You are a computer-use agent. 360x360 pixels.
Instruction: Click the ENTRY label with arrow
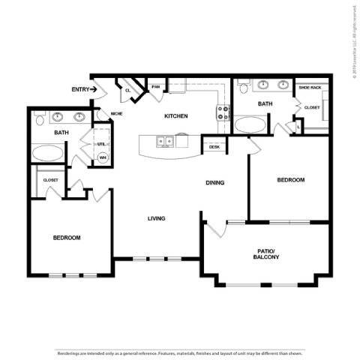(x=84, y=89)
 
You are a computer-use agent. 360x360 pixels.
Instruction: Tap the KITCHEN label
(x=176, y=116)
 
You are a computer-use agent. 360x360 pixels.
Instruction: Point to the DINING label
(x=216, y=182)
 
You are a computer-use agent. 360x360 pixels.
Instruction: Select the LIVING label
(x=156, y=218)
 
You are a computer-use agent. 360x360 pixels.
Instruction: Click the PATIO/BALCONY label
(x=266, y=253)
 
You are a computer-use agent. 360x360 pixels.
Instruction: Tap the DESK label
(x=214, y=147)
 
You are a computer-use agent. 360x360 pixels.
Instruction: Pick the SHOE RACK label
(x=310, y=88)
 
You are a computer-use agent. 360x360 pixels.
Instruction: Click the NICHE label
(x=117, y=114)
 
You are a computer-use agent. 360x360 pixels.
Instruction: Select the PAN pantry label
(x=156, y=87)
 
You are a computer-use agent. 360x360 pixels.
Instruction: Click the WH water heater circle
(x=103, y=157)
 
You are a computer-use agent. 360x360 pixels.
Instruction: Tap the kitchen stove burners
(x=223, y=113)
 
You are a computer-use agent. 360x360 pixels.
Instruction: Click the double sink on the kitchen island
(x=164, y=140)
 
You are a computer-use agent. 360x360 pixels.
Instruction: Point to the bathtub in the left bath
(x=49, y=153)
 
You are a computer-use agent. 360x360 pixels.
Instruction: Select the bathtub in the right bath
(x=249, y=124)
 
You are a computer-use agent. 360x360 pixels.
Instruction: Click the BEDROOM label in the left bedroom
(x=67, y=238)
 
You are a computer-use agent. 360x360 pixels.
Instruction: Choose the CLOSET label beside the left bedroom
(x=50, y=180)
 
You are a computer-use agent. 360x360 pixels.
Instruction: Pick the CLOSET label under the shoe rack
(x=311, y=107)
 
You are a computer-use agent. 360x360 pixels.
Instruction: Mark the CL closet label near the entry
(x=128, y=90)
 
